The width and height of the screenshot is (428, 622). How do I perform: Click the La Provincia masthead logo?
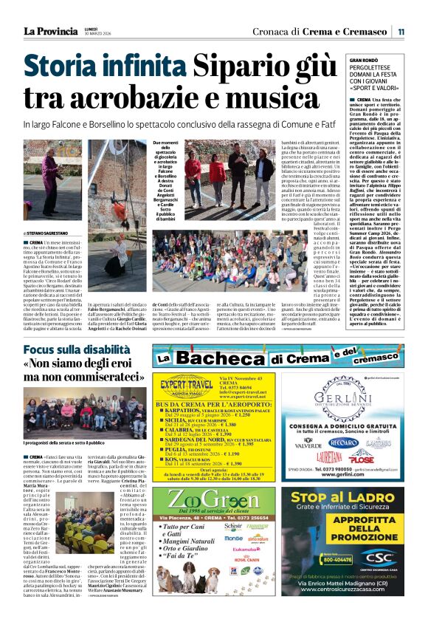point(50,31)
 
